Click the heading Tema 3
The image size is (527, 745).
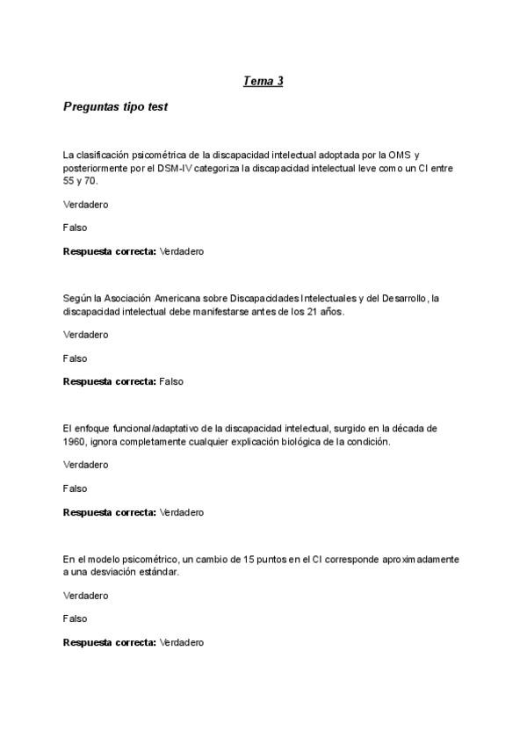tap(263, 82)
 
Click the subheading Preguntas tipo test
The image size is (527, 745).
tap(116, 107)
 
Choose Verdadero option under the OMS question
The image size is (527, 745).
tap(85, 205)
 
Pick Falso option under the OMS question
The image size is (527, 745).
tap(76, 228)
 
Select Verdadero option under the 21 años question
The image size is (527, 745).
tap(85, 335)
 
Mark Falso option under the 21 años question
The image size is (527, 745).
tap(76, 358)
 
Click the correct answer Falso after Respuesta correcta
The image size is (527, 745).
tap(171, 381)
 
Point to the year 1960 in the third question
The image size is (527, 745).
tap(75, 442)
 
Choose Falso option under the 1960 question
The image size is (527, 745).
tap(76, 488)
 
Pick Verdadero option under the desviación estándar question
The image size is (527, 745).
tap(85, 596)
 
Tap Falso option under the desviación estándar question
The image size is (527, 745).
tap(76, 618)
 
